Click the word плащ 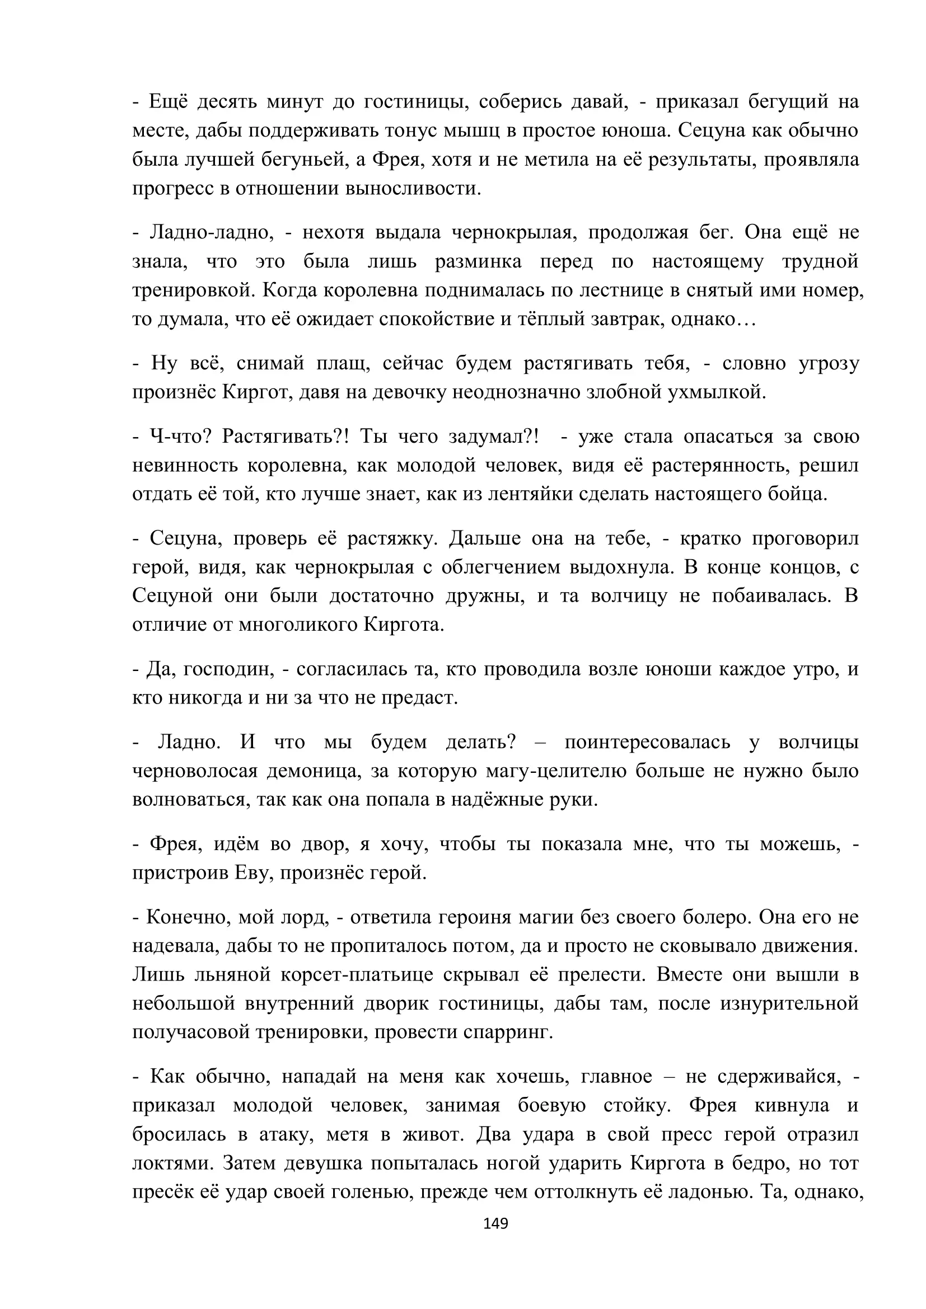click(339, 363)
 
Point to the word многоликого click(298, 625)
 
